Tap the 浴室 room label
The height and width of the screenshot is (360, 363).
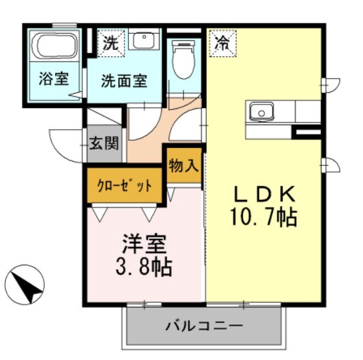[x=54, y=82]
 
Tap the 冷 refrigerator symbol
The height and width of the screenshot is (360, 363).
[x=222, y=43]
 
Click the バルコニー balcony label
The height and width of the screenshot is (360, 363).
[x=204, y=324]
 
